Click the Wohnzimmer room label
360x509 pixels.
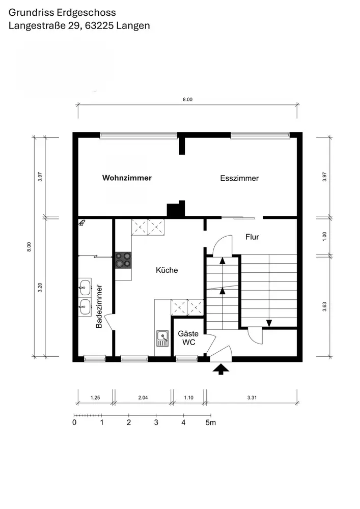click(127, 178)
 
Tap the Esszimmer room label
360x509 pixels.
click(239, 178)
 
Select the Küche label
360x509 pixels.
click(167, 270)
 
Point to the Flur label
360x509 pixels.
click(252, 237)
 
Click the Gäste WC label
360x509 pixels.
click(188, 338)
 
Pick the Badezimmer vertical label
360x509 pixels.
click(99, 306)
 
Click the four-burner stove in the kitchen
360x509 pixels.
click(123, 260)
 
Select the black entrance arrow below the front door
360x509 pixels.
click(221, 369)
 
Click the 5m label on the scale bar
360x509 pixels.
click(211, 422)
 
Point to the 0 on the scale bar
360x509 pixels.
click(74, 422)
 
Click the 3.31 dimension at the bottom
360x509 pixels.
click(252, 398)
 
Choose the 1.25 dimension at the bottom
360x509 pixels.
click(95, 398)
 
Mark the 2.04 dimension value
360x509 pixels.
click(143, 398)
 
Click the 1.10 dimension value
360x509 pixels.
click(188, 398)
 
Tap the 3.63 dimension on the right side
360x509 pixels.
click(324, 307)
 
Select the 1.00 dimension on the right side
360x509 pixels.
click(324, 236)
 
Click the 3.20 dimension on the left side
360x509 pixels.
click(40, 288)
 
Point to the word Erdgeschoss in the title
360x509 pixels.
click(87, 13)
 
